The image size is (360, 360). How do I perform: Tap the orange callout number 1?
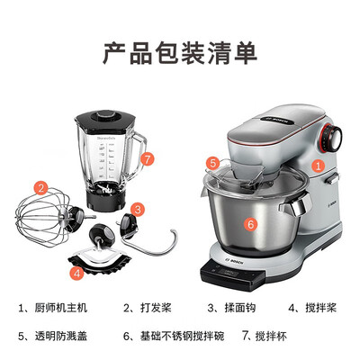tap(317, 165)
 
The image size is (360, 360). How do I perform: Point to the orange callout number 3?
tap(137, 210)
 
